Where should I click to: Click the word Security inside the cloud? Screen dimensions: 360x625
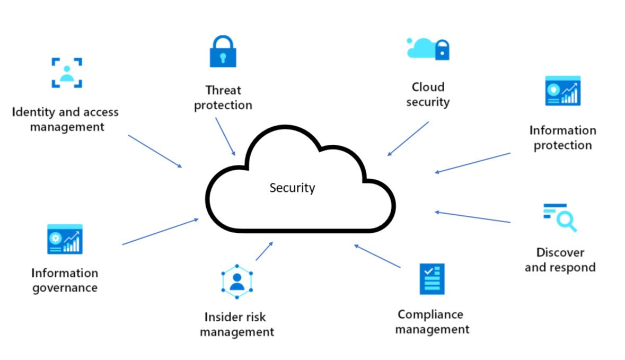pyautogui.click(x=292, y=188)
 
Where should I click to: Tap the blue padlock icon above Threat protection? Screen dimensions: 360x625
pyautogui.click(x=223, y=51)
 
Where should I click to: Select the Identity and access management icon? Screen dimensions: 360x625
pyautogui.click(x=67, y=73)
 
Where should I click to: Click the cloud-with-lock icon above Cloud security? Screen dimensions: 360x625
pyautogui.click(x=428, y=49)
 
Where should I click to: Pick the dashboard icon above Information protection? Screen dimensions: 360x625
pyautogui.click(x=562, y=91)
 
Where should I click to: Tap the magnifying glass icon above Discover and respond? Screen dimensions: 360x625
pyautogui.click(x=560, y=217)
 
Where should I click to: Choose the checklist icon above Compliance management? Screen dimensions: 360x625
pyautogui.click(x=432, y=279)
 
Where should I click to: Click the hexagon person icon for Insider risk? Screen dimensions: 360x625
pyautogui.click(x=237, y=281)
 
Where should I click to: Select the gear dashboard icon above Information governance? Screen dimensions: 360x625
pyautogui.click(x=65, y=239)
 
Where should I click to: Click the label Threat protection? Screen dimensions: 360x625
pyautogui.click(x=223, y=98)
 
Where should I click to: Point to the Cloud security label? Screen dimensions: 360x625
pyautogui.click(x=428, y=94)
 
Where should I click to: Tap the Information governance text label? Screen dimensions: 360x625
pyautogui.click(x=65, y=280)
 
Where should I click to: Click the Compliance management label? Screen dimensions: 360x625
pyautogui.click(x=432, y=322)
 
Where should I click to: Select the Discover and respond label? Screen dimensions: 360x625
pyautogui.click(x=560, y=260)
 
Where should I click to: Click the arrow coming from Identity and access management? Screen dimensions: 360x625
pyautogui.click(x=154, y=151)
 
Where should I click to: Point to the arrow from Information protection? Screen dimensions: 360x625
pyautogui.click(x=472, y=163)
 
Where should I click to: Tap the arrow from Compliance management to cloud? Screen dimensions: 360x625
pyautogui.click(x=377, y=256)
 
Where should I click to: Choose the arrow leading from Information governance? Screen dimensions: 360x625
pyautogui.click(x=160, y=232)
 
